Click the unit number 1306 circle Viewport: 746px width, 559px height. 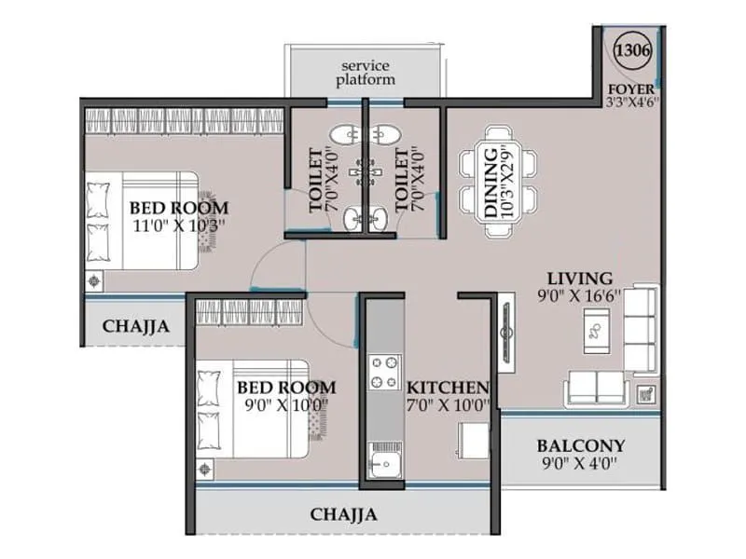coord(633,44)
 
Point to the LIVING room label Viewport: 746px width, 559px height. coord(579,278)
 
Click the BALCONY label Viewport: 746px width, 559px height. coord(580,445)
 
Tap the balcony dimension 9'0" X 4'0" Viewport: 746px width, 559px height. coord(580,463)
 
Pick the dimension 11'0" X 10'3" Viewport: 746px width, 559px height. coord(179,225)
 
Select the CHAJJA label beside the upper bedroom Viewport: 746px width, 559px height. coord(136,326)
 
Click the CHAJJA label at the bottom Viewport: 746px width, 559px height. coord(343,513)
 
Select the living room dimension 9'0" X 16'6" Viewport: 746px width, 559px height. coord(579,296)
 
